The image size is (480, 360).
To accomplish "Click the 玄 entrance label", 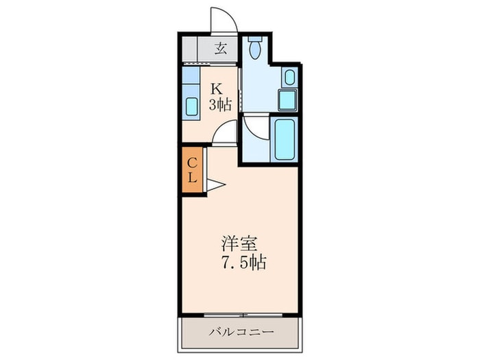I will coord(221,48).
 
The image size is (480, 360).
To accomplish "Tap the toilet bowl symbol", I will coord(255,51).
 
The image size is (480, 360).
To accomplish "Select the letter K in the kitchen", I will coord(216,88).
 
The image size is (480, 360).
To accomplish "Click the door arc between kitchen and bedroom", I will coord(225,133).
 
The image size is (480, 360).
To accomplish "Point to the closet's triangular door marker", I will coord(215,184).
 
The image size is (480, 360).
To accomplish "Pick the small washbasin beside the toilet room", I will coord(289,76).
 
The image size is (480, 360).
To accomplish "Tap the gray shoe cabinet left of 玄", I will coord(191,48).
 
